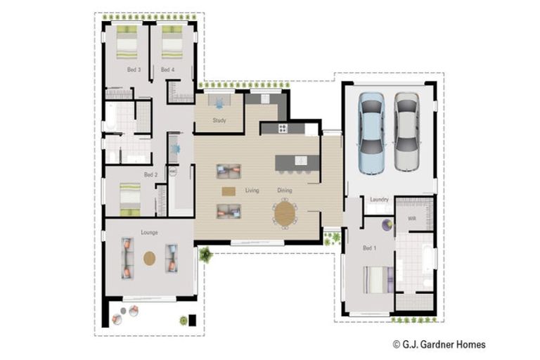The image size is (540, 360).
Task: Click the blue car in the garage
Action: click(371, 133)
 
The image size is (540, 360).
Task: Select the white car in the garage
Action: click(406, 131)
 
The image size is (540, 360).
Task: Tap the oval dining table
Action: click(285, 214)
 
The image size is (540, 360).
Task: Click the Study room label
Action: click(219, 120)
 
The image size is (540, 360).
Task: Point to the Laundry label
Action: click(379, 199)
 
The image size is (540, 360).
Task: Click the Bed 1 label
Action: click(370, 247)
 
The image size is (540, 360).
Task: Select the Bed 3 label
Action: click(134, 69)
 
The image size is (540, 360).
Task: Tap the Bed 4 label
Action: click(168, 69)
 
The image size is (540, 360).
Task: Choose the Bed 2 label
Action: click(151, 174)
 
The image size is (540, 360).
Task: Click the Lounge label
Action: click(150, 232)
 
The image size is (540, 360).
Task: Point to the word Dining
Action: click(285, 190)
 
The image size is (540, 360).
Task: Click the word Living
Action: click(252, 190)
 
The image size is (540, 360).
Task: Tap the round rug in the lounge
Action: click(150, 258)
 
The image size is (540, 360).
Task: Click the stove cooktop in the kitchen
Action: click(283, 129)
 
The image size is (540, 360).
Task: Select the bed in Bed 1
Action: click(378, 279)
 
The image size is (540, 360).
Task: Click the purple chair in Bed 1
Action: click(387, 225)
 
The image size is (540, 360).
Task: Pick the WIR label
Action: click(412, 219)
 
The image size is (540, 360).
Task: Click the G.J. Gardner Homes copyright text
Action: click(439, 344)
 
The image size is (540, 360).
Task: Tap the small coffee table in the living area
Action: click(229, 191)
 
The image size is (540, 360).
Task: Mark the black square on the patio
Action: click(192, 320)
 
